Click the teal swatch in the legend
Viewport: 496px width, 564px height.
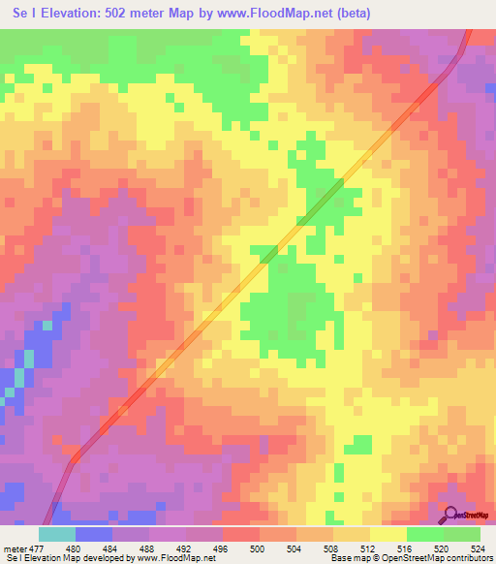[x=56, y=534]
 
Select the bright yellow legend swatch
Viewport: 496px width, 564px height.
[x=387, y=534]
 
